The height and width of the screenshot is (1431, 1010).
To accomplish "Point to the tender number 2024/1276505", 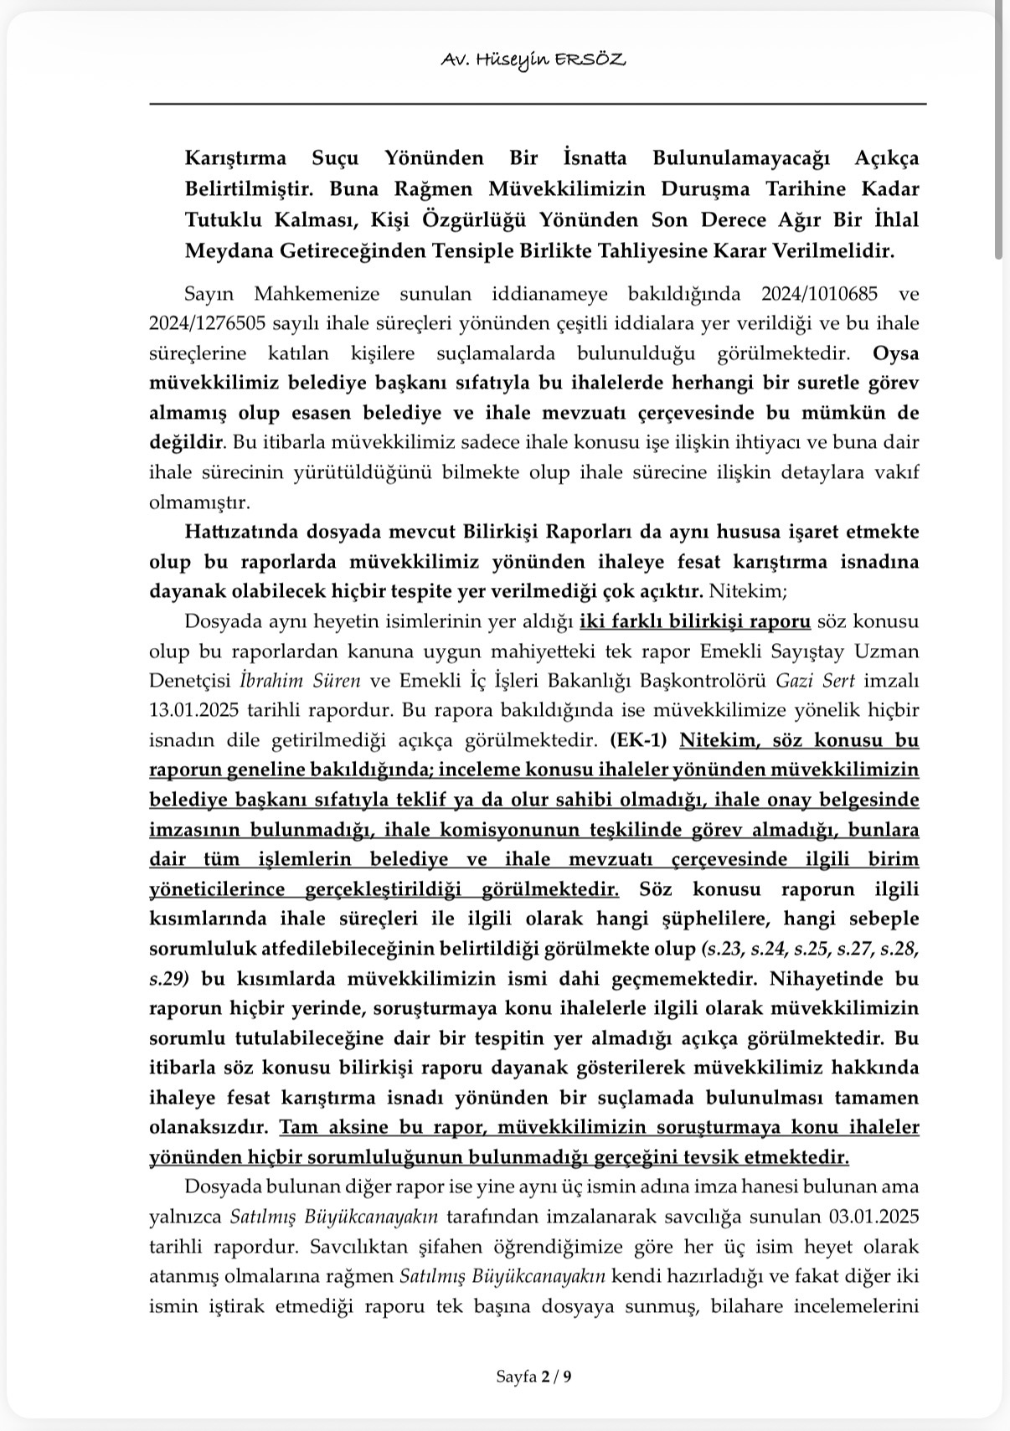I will pos(209,323).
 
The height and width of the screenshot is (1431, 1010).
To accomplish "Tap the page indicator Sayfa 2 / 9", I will pos(533,1377).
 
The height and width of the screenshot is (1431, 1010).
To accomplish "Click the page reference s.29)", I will pos(168,978).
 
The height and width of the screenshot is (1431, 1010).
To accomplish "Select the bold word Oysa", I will pos(895,353).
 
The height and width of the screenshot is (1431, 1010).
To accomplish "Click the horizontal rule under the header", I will pos(538,103).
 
